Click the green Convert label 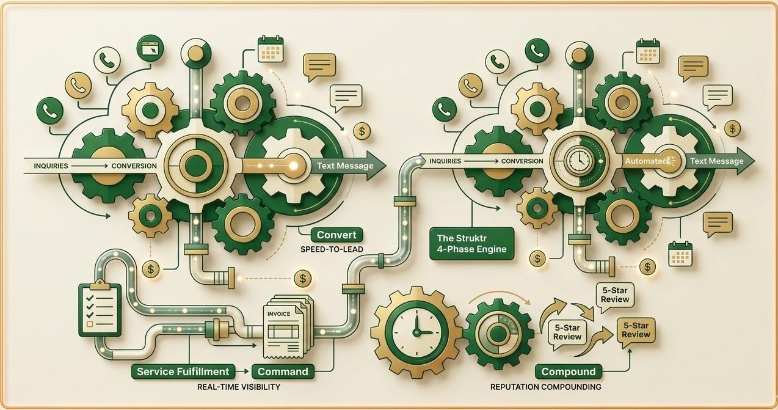click(336, 235)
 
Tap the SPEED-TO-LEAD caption click(332, 250)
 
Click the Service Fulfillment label click(183, 372)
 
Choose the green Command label click(283, 372)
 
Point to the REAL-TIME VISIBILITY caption click(239, 387)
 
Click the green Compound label click(568, 372)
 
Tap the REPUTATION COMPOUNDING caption click(545, 387)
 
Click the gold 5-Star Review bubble click(636, 331)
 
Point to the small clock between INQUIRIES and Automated click(576, 161)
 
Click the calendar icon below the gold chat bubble click(680, 253)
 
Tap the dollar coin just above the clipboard click(150, 268)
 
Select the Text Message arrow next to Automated click(718, 161)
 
